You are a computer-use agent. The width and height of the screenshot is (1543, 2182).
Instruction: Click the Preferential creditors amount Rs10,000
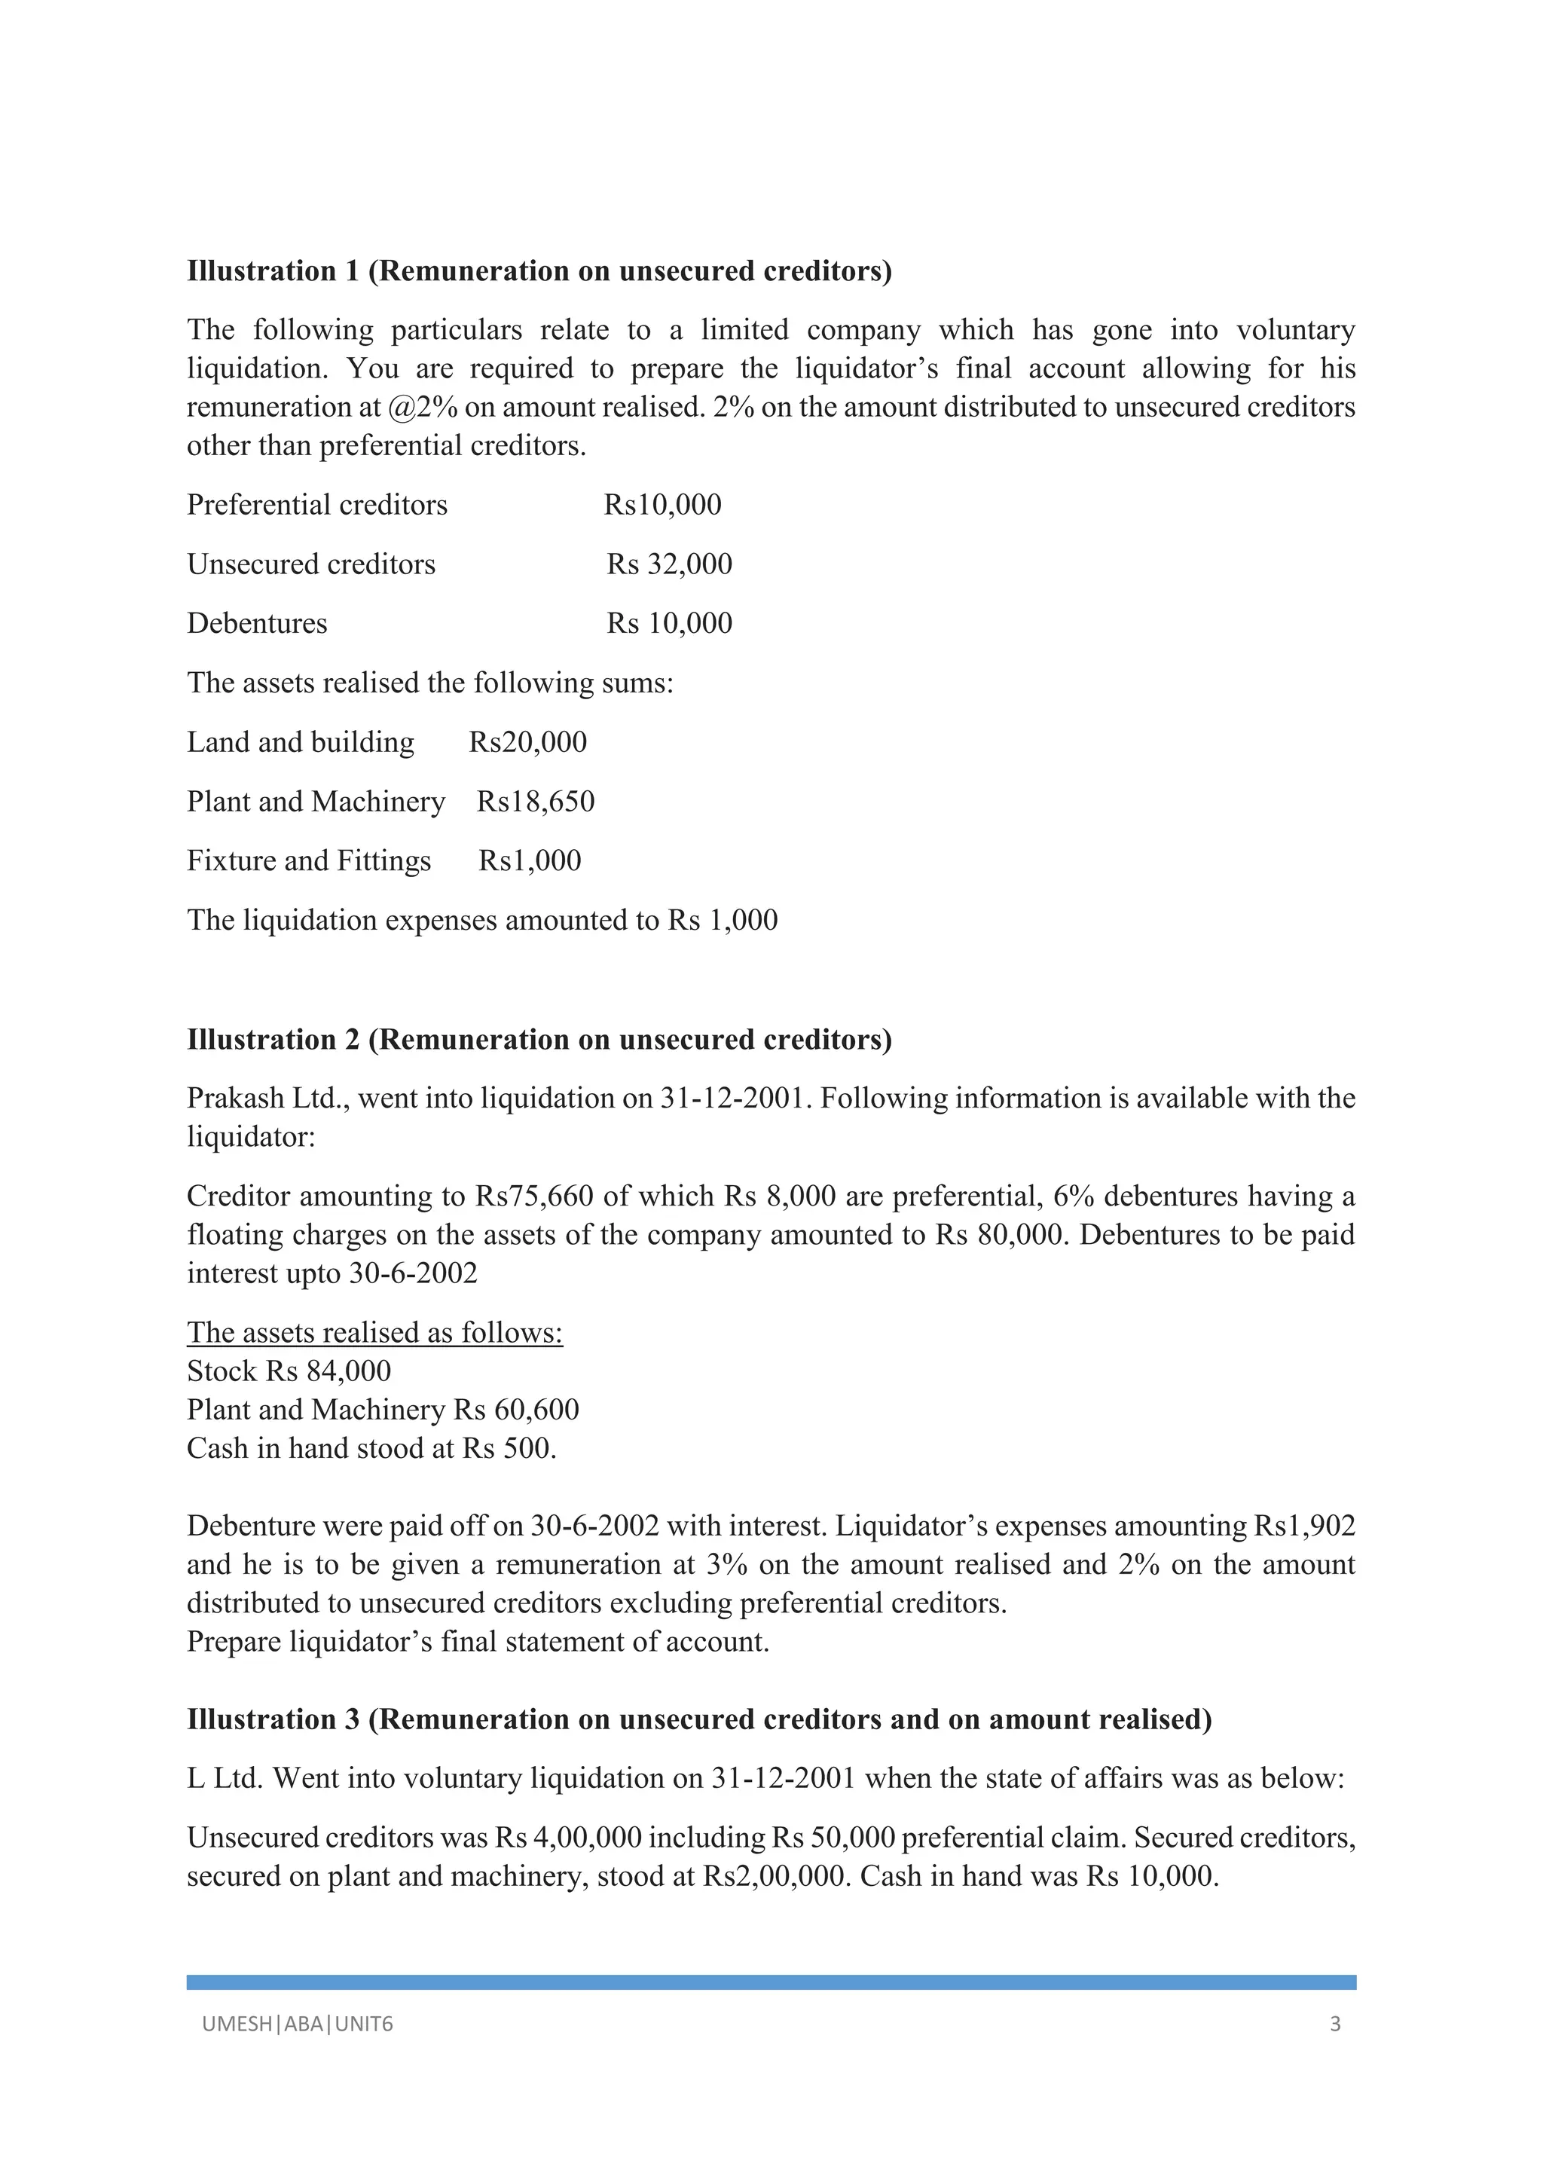click(662, 505)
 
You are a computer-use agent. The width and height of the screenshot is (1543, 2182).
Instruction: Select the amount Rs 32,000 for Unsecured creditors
click(669, 564)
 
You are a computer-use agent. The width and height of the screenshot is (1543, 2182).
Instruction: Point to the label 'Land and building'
click(301, 742)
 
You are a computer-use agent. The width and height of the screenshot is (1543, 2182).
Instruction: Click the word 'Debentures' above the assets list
click(256, 623)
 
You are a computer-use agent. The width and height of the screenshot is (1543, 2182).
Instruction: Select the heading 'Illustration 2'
click(273, 1040)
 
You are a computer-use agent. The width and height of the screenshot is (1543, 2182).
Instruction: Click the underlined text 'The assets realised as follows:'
click(374, 1332)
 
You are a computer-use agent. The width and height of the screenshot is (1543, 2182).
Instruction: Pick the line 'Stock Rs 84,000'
click(289, 1371)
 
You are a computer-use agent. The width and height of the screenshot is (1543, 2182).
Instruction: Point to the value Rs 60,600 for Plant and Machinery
click(516, 1410)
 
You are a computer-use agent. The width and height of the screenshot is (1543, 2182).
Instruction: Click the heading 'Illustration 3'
click(273, 1719)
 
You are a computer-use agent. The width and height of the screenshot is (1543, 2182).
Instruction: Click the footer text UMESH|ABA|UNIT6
click(298, 2025)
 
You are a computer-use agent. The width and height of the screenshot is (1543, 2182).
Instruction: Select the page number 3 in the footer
click(1335, 2025)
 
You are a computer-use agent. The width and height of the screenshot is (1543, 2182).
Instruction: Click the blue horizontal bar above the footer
click(771, 1982)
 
